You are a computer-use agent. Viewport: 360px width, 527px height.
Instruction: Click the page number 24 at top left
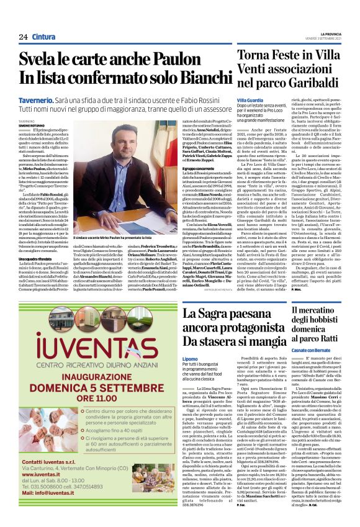23,37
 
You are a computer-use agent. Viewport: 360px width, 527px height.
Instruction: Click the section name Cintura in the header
44,37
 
